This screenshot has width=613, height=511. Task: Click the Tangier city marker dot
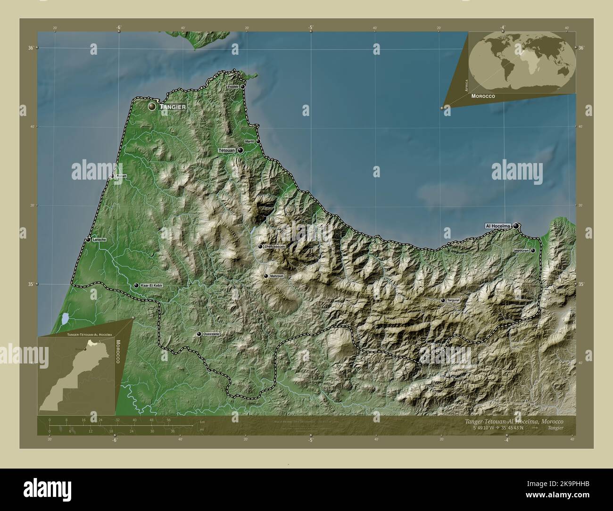(x=152, y=107)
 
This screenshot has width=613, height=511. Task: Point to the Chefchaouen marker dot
(x=260, y=246)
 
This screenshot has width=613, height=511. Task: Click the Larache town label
(x=99, y=240)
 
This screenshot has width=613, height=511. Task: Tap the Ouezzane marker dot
(x=199, y=334)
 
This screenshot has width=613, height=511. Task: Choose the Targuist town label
(x=454, y=300)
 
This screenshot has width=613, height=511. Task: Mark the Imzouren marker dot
(x=533, y=251)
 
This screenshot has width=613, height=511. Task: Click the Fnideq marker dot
(x=242, y=87)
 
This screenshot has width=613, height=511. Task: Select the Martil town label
(x=249, y=141)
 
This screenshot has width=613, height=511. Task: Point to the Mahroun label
(x=277, y=276)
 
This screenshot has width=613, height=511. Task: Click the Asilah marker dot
(x=112, y=176)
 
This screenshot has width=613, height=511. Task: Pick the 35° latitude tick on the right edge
(x=581, y=284)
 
